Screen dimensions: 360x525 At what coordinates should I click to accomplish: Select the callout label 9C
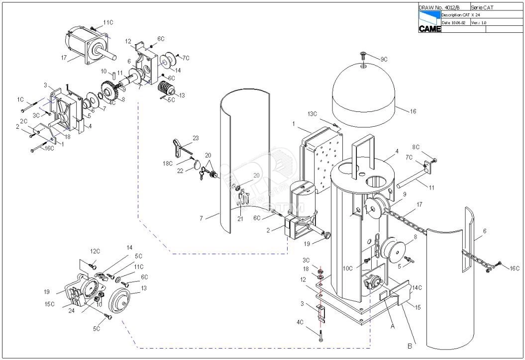(x=384, y=60)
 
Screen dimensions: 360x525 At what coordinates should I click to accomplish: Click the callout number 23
(x=196, y=138)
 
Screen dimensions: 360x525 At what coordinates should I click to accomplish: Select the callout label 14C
(x=417, y=288)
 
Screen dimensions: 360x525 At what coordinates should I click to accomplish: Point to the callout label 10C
(x=348, y=269)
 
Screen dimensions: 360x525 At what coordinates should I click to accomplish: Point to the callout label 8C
(x=417, y=147)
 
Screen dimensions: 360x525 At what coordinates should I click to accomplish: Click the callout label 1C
(x=20, y=99)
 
